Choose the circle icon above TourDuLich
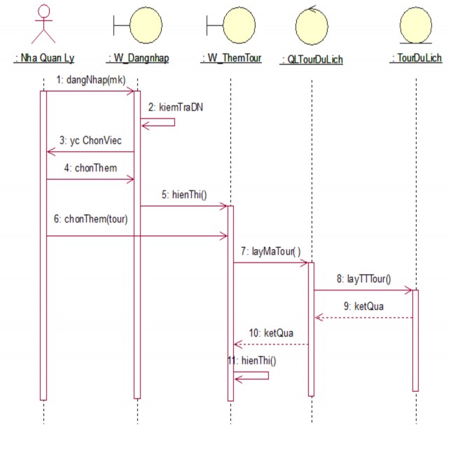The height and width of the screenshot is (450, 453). tap(416, 25)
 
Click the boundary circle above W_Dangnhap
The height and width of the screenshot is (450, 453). tap(145, 24)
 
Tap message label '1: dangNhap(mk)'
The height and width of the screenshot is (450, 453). tap(92, 80)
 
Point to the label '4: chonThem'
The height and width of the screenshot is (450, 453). tap(88, 167)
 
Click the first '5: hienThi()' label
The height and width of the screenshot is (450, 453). tap(184, 195)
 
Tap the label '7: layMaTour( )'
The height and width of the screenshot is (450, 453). tap(271, 251)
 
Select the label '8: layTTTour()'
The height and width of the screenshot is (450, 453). tap(369, 279)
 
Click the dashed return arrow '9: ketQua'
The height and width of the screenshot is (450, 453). tap(363, 317)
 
